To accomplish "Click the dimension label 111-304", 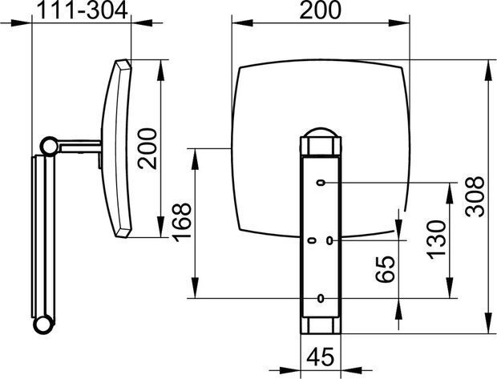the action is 83,10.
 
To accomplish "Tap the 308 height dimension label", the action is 475,196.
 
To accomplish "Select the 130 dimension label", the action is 436,240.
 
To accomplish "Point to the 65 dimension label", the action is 386,269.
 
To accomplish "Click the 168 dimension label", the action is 181,222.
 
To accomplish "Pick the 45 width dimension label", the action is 321,357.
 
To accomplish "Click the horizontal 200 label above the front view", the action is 321,10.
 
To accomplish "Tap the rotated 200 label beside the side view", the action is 147,148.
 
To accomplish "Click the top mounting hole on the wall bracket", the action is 321,183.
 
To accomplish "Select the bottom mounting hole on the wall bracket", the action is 321,298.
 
